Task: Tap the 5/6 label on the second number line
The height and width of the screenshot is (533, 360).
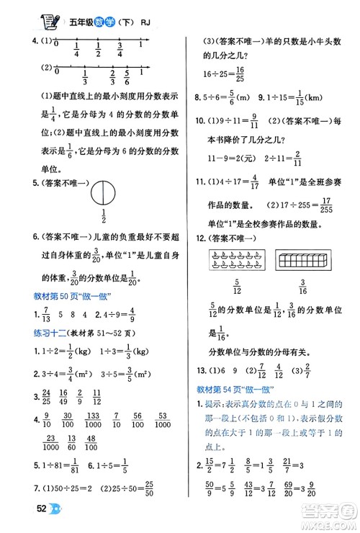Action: pos(127,78)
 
